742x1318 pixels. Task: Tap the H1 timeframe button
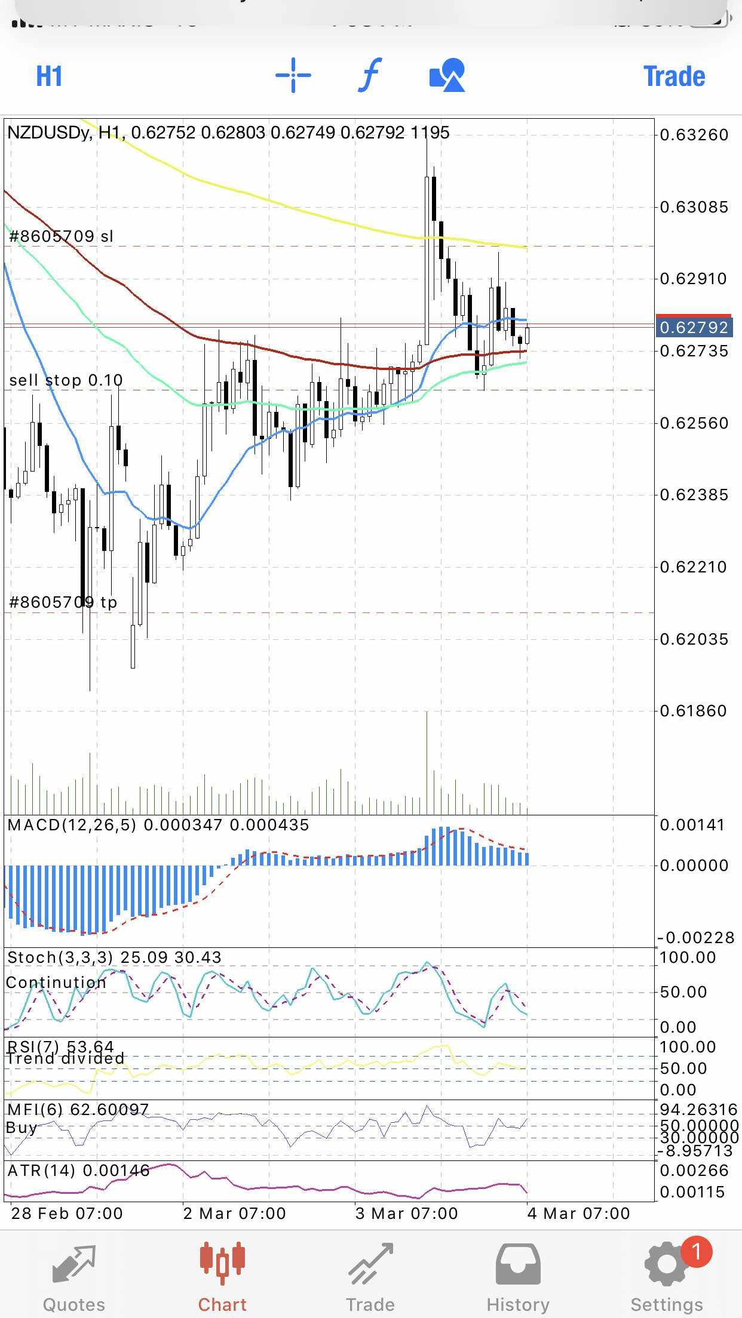tap(49, 76)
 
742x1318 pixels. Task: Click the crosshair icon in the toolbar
tap(293, 75)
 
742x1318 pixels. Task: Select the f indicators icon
tap(370, 75)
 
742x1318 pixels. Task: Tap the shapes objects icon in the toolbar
tap(447, 75)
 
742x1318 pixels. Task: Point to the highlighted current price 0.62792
tap(694, 327)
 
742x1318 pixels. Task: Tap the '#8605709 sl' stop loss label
tap(62, 236)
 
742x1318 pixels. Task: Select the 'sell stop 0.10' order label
tap(66, 380)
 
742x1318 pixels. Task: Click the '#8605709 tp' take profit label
tap(63, 602)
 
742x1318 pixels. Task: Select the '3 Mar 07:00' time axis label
tap(406, 1213)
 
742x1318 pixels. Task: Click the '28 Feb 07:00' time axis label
tap(67, 1213)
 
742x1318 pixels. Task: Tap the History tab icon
tap(518, 1264)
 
